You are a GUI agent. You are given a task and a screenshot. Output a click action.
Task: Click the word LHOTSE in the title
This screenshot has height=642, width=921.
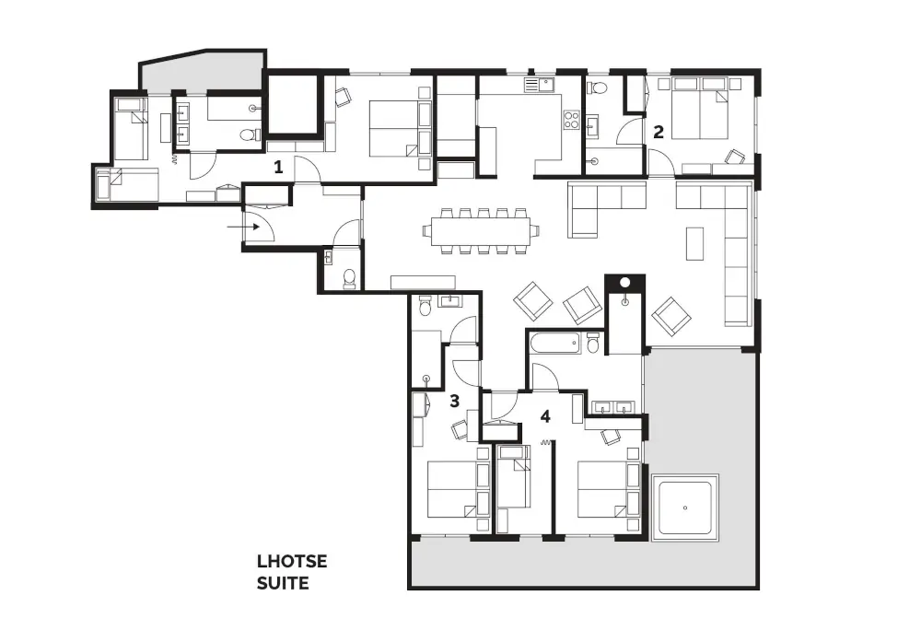coord(292,561)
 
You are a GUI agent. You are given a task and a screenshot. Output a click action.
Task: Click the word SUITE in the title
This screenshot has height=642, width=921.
coord(283,582)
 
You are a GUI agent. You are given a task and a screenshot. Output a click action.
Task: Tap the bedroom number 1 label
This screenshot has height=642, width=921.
coord(277,167)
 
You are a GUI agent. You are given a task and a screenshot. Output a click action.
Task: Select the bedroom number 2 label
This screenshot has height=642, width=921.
coord(658,131)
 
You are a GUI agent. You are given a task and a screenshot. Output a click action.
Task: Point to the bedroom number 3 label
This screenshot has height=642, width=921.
coord(454,401)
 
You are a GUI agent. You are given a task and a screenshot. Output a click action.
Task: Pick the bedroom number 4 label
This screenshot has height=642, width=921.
coord(545,416)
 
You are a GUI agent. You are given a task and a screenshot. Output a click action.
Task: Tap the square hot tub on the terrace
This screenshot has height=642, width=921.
coord(684,508)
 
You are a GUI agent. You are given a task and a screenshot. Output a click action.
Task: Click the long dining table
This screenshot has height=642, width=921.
coord(478,230)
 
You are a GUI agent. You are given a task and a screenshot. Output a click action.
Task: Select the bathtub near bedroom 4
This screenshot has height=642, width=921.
coord(555,345)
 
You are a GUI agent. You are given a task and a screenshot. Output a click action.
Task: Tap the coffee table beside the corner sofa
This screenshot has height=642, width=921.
coord(696,244)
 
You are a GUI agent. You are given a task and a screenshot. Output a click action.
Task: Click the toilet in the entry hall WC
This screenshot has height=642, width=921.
coord(349,278)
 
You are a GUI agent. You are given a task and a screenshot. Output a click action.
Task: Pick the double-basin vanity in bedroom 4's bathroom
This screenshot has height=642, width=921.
coord(612,407)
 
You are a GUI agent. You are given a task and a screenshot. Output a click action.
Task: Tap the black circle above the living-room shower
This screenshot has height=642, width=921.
coord(624,283)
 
